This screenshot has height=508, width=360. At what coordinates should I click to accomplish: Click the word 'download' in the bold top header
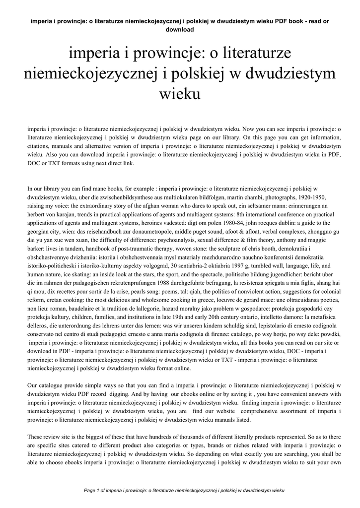click(180, 29)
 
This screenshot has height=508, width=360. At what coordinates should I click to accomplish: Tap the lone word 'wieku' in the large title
click(180, 93)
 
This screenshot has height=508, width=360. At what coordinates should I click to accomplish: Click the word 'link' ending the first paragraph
click(129, 163)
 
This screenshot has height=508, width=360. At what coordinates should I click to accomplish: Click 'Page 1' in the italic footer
click(92, 490)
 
